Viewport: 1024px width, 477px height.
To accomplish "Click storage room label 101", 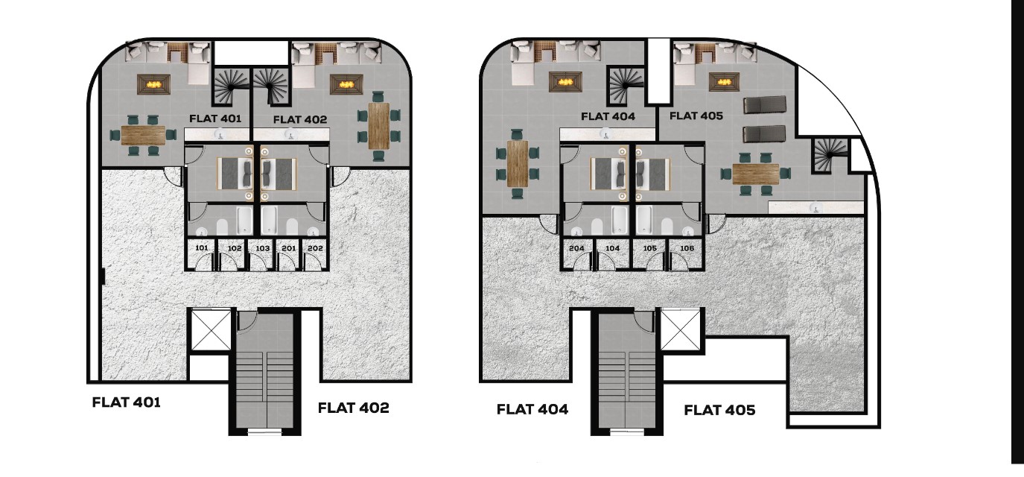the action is [202, 248].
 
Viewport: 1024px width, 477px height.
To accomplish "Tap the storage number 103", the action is [262, 248].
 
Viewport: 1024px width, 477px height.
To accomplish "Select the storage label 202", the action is [316, 248].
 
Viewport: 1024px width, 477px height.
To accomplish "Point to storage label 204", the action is [576, 248].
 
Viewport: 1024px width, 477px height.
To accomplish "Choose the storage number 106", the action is [687, 248].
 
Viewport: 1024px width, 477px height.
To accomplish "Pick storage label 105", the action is [650, 248].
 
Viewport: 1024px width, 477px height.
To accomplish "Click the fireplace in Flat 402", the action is [346, 85].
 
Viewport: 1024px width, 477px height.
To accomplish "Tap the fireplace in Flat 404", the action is [566, 82].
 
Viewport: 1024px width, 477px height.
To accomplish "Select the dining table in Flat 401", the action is [143, 136].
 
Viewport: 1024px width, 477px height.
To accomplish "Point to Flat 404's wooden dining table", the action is [518, 164].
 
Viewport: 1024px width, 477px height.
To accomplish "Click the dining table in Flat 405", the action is [756, 174].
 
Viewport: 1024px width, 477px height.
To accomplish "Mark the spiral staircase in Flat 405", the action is [830, 155].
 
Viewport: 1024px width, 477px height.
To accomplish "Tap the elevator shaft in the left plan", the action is [210, 329].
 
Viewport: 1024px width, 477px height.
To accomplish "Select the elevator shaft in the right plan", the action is [680, 329].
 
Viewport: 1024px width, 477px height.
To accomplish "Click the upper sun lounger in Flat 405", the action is [765, 105].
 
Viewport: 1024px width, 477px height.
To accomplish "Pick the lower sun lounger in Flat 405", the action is [764, 134].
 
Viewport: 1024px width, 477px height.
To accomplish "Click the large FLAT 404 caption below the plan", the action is [532, 409].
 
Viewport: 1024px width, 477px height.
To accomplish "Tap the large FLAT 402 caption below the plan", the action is [353, 408].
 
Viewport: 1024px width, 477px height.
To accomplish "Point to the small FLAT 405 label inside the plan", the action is [696, 116].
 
